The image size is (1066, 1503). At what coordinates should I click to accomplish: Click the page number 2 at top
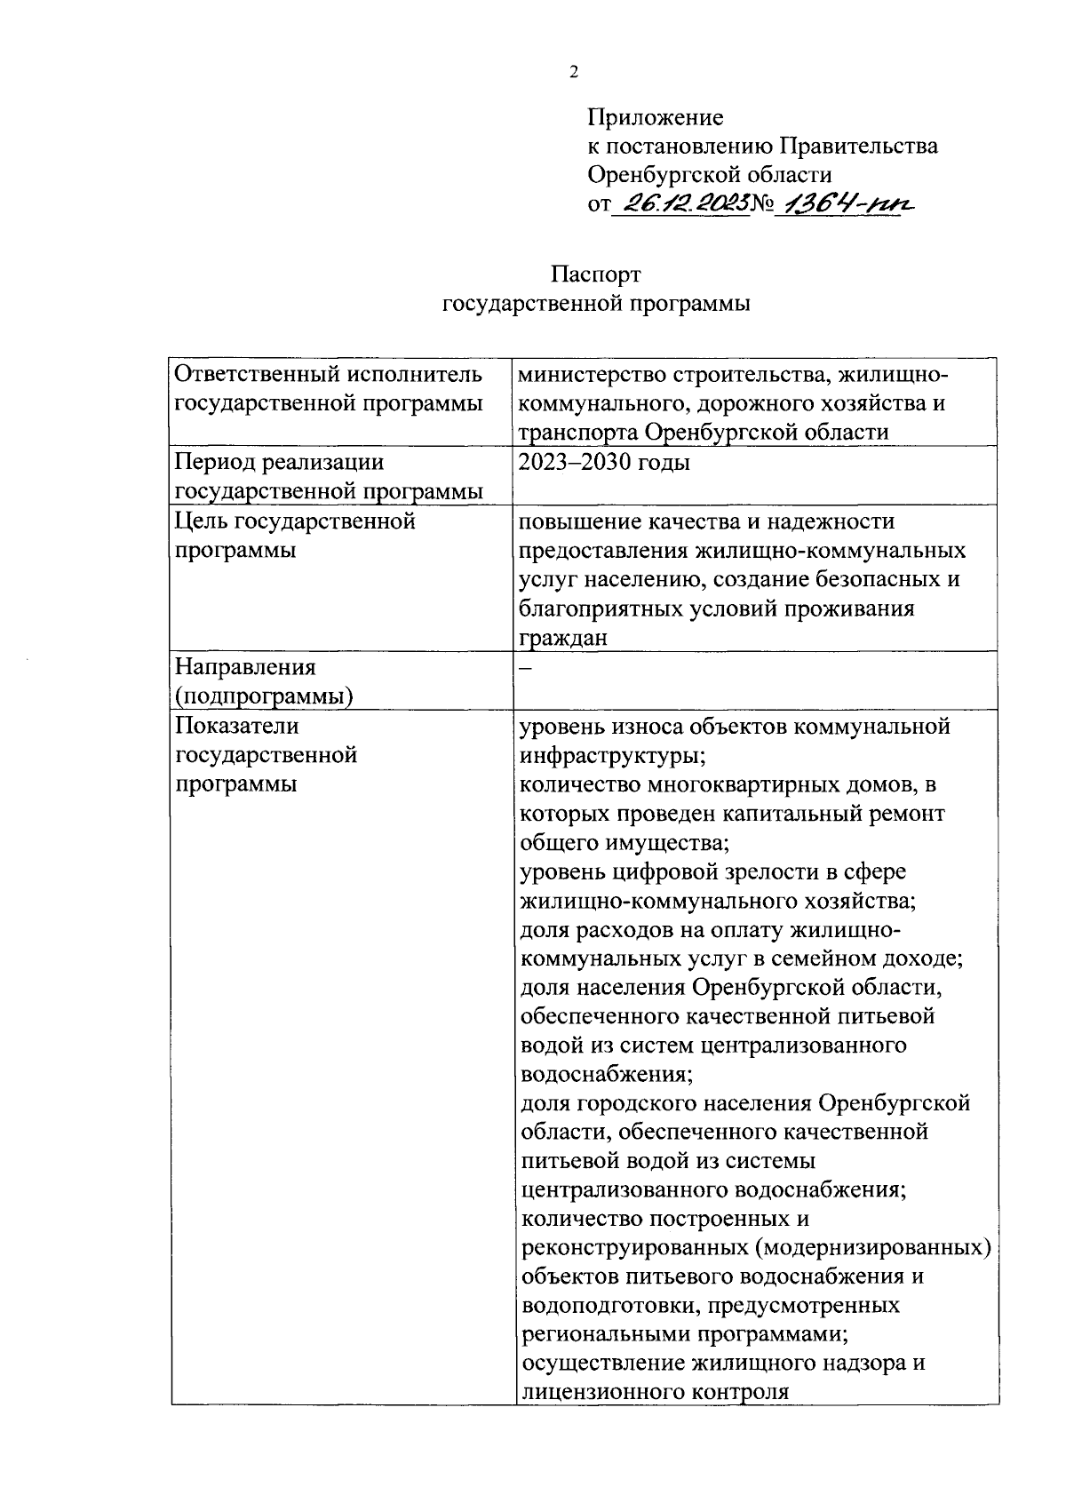[573, 73]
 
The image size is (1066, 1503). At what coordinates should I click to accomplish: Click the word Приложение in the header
[655, 117]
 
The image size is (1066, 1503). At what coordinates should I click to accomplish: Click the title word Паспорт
[595, 274]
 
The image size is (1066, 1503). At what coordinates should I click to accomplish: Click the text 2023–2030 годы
[604, 463]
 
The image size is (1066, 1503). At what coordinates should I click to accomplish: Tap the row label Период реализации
[279, 463]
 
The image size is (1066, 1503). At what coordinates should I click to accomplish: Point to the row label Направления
[245, 667]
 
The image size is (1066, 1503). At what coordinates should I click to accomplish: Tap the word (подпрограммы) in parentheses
[264, 696]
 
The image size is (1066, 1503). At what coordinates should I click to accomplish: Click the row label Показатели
[236, 726]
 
